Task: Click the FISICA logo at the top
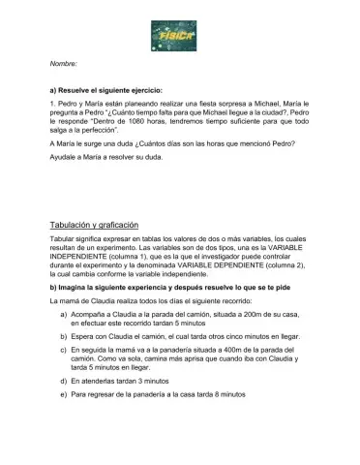point(179,36)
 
